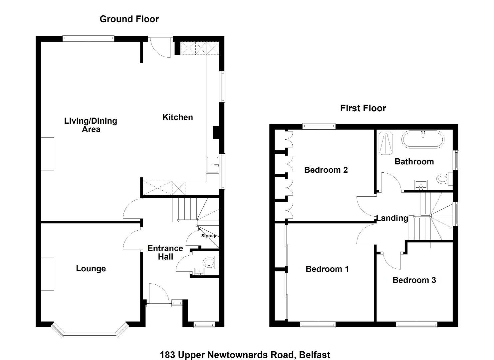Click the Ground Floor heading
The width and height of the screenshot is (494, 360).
[x=129, y=19]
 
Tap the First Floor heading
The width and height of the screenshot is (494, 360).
[x=363, y=108]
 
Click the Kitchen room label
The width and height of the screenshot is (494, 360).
[x=177, y=117]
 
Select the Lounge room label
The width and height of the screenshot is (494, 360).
[x=91, y=269]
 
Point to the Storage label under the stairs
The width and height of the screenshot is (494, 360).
[x=209, y=236]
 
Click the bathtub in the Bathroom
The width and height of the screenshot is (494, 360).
[x=423, y=140]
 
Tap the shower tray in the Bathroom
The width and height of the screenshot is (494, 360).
[x=386, y=143]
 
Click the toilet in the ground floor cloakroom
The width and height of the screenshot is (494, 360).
[x=211, y=263]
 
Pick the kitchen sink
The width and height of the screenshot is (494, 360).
[x=213, y=165]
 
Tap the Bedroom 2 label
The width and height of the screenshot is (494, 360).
[x=326, y=170]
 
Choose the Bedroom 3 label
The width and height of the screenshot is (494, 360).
[x=414, y=280]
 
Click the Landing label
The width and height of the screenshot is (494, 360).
[x=392, y=218]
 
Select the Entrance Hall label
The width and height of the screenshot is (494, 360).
[x=165, y=252]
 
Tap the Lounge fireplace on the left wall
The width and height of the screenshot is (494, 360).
[x=48, y=274]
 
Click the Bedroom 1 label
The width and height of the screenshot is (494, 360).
[x=327, y=269]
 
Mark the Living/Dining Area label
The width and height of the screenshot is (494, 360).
[x=91, y=125]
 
